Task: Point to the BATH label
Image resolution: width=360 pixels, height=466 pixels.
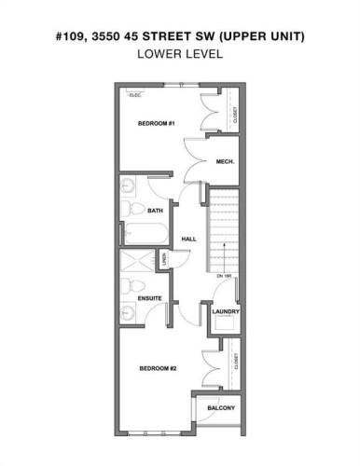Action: (x=155, y=212)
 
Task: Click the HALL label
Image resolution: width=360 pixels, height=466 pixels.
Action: (x=188, y=239)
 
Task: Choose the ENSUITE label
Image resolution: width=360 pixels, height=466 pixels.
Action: (x=151, y=299)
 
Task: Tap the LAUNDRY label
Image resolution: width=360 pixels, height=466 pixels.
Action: (x=228, y=311)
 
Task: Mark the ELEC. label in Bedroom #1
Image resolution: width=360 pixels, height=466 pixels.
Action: (x=136, y=95)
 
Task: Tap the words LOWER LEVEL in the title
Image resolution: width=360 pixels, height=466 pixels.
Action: (x=179, y=53)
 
